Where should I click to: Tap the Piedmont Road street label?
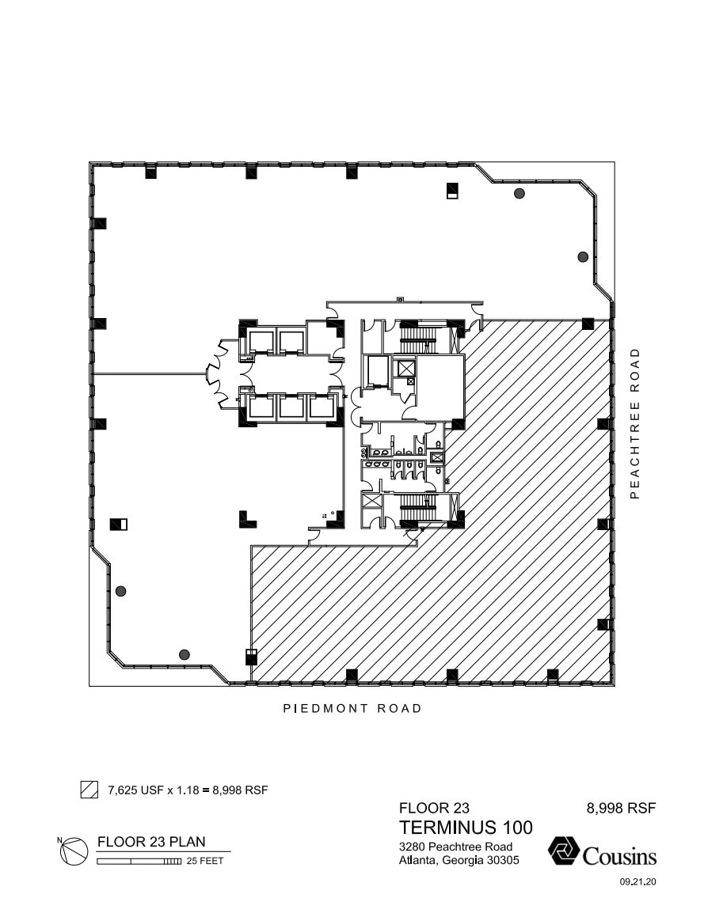352,708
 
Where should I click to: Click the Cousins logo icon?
563,853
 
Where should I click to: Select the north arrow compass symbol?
74,850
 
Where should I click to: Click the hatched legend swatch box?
89,790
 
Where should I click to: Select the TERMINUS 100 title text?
466,828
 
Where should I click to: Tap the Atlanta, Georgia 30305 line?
459,860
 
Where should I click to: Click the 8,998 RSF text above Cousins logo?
621,808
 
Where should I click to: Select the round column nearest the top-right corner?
519,193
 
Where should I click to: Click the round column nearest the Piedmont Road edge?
185,654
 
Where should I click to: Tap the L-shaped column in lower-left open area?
247,519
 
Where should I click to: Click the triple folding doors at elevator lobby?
216,373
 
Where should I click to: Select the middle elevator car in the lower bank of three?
291,406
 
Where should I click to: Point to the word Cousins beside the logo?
619,855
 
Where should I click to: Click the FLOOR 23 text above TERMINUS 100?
434,808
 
